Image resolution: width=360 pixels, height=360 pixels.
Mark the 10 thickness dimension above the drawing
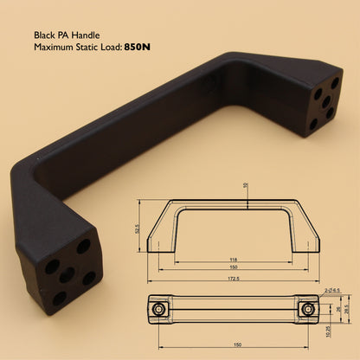click(x=247, y=185)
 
